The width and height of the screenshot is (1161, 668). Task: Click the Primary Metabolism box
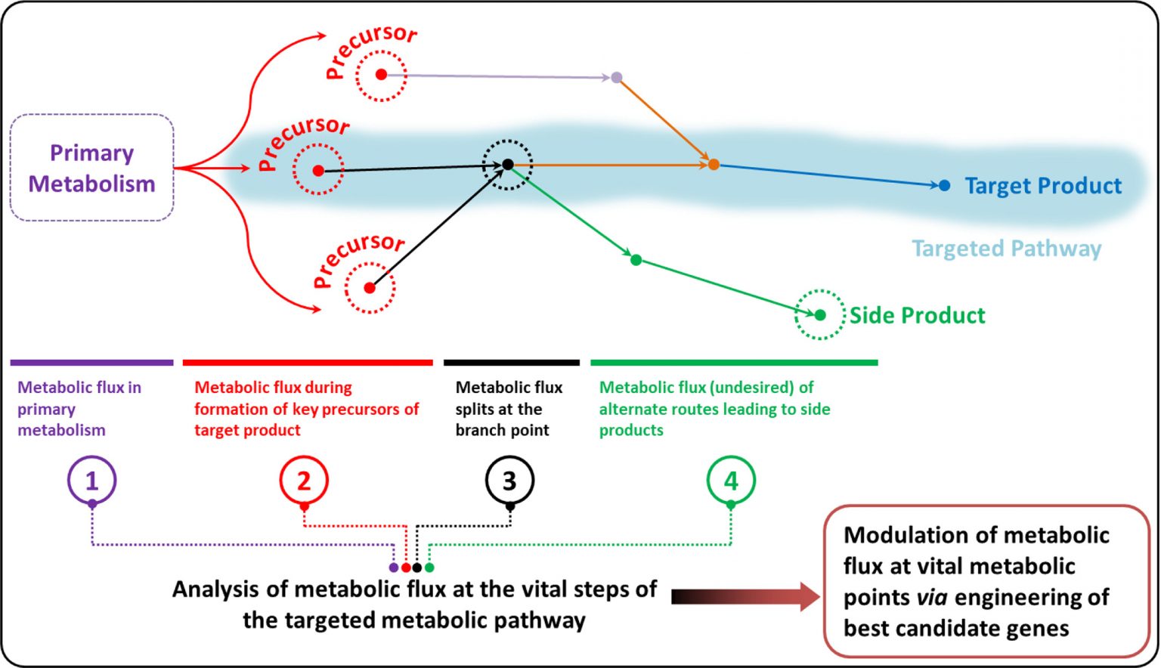coord(91,168)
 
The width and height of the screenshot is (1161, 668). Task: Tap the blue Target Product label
coord(1043,186)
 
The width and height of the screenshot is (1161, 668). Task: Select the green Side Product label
coord(917,315)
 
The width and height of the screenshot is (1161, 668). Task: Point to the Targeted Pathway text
coord(1006,249)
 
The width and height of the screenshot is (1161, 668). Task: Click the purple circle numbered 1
coord(91,480)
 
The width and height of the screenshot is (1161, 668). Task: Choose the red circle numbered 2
coord(304,480)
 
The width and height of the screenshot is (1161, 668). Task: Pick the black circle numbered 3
coord(509,480)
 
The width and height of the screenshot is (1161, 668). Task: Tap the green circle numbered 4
coord(731,480)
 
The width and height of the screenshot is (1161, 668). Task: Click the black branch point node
coord(508,165)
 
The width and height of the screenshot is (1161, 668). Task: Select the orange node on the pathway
coord(714,165)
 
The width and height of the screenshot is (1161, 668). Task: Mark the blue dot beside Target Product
coord(944,185)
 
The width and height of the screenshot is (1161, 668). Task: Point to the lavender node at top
coord(617,77)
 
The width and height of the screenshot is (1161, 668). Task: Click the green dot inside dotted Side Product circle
coord(820,315)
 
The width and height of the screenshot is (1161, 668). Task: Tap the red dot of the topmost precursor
coord(381,75)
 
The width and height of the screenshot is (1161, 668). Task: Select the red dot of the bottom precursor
coord(370,288)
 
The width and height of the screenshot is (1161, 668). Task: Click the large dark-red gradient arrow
coord(745,597)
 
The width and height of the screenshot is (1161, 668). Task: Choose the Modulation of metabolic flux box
coord(986,580)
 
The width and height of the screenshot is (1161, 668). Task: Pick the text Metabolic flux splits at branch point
coord(509,409)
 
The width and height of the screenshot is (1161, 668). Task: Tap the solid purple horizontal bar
coord(91,363)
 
